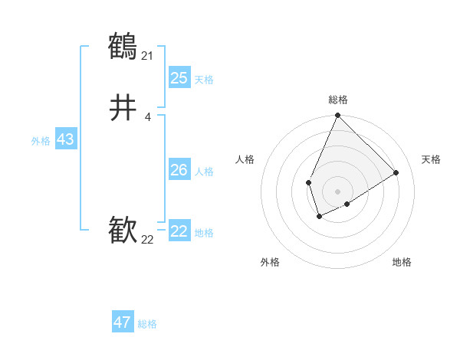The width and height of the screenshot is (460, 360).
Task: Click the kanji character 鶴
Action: point(123,47)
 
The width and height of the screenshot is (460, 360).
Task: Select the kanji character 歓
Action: point(123,230)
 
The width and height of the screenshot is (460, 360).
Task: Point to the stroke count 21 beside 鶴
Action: point(147,55)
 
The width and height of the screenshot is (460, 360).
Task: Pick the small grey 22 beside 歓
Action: point(148,239)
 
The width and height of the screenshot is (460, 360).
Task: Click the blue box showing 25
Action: point(179,78)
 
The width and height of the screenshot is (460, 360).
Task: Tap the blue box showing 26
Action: point(179,170)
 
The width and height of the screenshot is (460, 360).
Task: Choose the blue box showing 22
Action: point(179,231)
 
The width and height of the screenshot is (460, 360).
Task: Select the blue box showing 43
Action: point(65,139)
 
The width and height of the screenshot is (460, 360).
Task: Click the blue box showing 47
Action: point(123,322)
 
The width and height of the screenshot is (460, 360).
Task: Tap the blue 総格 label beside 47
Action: point(147,324)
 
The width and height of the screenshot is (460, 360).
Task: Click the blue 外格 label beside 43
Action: point(41,141)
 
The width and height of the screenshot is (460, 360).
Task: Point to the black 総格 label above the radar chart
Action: point(338,100)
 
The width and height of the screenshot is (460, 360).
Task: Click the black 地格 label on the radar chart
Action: point(402,262)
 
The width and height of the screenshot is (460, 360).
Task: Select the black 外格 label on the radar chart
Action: point(270,262)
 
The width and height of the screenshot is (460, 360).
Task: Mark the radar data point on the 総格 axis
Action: point(337,116)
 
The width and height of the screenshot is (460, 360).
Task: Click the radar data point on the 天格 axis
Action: point(396,172)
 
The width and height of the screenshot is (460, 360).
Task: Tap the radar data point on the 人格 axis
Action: point(308,182)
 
